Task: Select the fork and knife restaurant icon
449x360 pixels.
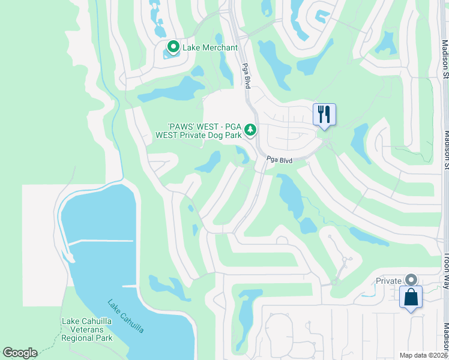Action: click(x=324, y=114)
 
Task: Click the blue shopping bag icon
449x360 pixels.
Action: click(x=411, y=297)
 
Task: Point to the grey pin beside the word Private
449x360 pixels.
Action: click(x=411, y=280)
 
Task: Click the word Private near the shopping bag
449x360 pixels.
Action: click(x=388, y=281)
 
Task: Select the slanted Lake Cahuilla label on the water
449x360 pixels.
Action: click(x=125, y=316)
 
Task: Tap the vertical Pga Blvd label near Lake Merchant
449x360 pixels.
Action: click(x=246, y=74)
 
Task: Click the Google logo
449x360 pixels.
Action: click(x=20, y=353)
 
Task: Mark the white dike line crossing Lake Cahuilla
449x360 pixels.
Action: click(x=100, y=241)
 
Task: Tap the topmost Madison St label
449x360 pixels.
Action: click(x=445, y=60)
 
